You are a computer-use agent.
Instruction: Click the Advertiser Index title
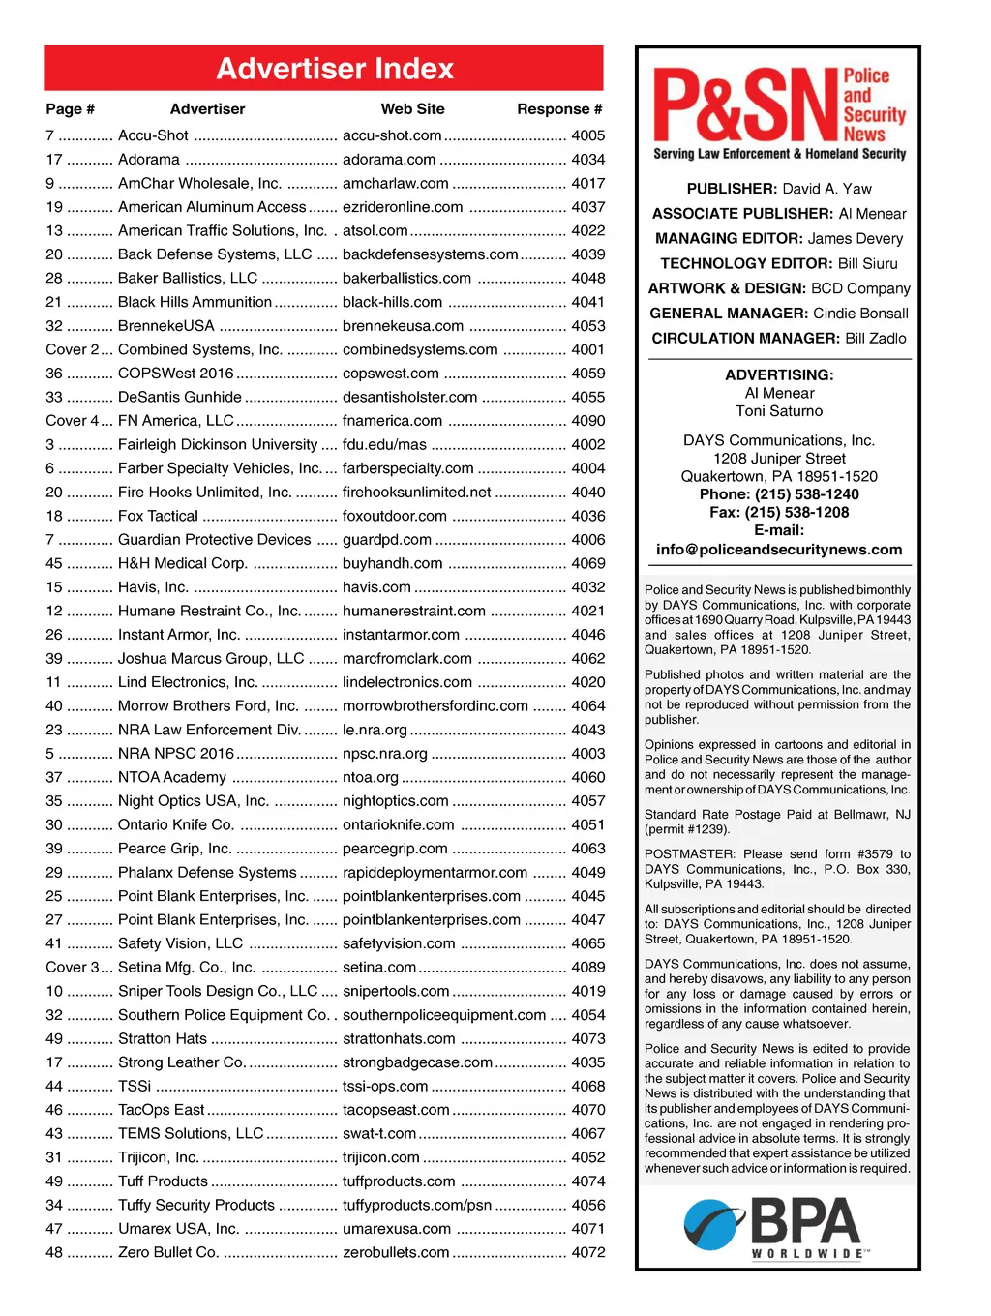coord(335,69)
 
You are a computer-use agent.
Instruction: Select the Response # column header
coord(559,109)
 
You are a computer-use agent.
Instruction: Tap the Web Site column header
coord(412,109)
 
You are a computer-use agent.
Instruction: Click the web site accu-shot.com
coord(392,135)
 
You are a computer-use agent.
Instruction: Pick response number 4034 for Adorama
coord(587,160)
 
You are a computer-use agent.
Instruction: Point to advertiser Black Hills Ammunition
coord(195,302)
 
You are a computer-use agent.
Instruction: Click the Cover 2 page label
coord(73,349)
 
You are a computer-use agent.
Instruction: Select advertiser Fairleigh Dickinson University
coord(218,444)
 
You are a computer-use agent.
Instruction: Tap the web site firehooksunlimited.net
coord(417,492)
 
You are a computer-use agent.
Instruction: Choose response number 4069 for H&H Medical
coord(587,563)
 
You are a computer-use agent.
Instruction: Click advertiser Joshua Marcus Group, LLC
coord(211,658)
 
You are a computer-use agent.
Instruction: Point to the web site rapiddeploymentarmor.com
coord(435,872)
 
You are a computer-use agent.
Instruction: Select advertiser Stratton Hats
coord(163,1038)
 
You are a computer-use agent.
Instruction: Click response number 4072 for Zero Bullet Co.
coord(587,1252)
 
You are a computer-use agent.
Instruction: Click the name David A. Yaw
coord(826,189)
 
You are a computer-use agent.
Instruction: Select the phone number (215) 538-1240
coord(806,494)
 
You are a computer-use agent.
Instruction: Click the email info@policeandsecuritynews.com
coord(779,549)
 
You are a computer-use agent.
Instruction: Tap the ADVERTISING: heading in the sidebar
coord(779,374)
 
